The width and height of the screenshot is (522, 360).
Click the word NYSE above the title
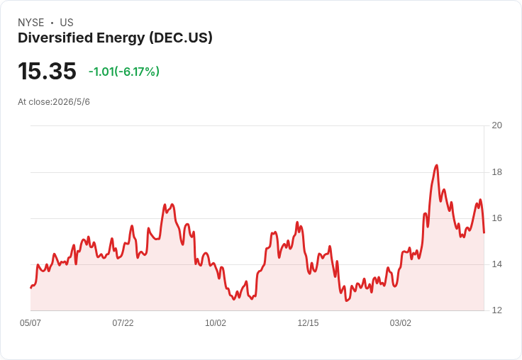pyautogui.click(x=31, y=23)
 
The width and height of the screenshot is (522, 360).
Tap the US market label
pyautogui.click(x=67, y=23)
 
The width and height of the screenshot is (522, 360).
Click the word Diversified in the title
pyautogui.click(x=55, y=38)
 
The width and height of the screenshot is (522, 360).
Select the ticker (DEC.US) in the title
pyautogui.click(x=181, y=38)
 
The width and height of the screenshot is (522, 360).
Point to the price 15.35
pyautogui.click(x=47, y=71)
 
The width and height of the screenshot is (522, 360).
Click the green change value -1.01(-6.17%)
pyautogui.click(x=124, y=72)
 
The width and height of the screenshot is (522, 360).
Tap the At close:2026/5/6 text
pyautogui.click(x=54, y=102)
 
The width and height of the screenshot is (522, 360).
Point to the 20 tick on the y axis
pyautogui.click(x=497, y=125)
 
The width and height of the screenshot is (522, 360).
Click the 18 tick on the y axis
pyautogui.click(x=497, y=172)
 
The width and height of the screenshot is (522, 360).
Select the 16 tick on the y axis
pyautogui.click(x=497, y=218)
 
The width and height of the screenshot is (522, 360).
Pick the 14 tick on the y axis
pyautogui.click(x=497, y=264)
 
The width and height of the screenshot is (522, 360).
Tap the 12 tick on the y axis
pyautogui.click(x=497, y=310)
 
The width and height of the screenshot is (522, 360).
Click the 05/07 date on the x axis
pyautogui.click(x=30, y=323)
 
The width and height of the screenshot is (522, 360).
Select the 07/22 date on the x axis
pyautogui.click(x=123, y=323)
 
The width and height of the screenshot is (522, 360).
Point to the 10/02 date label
pyautogui.click(x=216, y=323)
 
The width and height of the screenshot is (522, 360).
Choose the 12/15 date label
pyautogui.click(x=308, y=323)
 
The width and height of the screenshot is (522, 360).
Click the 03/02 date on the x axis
pyautogui.click(x=401, y=323)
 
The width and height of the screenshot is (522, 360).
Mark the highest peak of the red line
pyautogui.click(x=437, y=165)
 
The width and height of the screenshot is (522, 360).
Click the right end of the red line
pyautogui.click(x=484, y=232)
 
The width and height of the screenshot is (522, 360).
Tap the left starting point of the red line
pyautogui.click(x=31, y=288)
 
